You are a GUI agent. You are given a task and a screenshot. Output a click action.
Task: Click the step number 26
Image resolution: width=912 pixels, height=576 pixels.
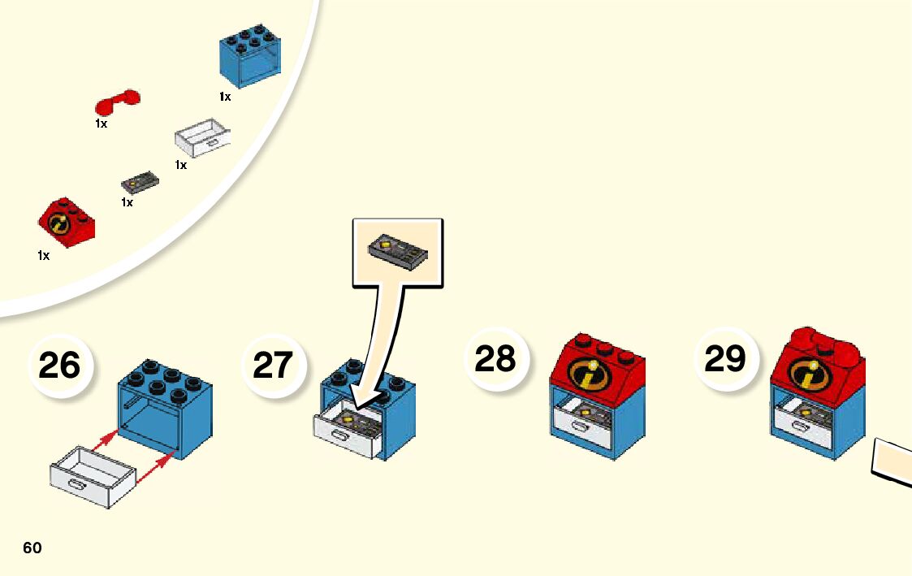(59, 366)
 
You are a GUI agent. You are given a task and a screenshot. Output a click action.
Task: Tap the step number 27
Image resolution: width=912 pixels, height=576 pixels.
(274, 366)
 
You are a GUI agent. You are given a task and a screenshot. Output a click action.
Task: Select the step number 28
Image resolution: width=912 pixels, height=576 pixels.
(495, 358)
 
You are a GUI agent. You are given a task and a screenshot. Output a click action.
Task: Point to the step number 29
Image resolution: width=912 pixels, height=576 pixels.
(724, 358)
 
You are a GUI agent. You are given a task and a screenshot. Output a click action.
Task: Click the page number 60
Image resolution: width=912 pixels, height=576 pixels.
(32, 548)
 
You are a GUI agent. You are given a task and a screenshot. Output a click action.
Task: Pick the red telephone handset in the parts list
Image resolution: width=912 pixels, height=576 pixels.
(117, 102)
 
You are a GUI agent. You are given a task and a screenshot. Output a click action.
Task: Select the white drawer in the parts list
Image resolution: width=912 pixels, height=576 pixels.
(202, 137)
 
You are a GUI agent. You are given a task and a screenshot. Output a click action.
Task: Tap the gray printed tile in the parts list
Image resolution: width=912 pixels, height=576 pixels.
(140, 180)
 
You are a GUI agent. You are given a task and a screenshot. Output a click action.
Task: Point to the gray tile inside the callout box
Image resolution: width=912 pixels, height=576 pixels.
(398, 251)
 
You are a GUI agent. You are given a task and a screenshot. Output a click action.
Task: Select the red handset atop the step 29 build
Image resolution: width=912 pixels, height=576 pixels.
(820, 340)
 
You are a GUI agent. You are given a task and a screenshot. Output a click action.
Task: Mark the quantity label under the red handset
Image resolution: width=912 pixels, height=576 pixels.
(101, 124)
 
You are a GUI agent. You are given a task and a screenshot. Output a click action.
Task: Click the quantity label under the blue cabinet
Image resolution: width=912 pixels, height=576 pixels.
(225, 97)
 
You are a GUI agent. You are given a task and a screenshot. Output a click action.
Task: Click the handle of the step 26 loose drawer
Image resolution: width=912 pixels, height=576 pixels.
(79, 485)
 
